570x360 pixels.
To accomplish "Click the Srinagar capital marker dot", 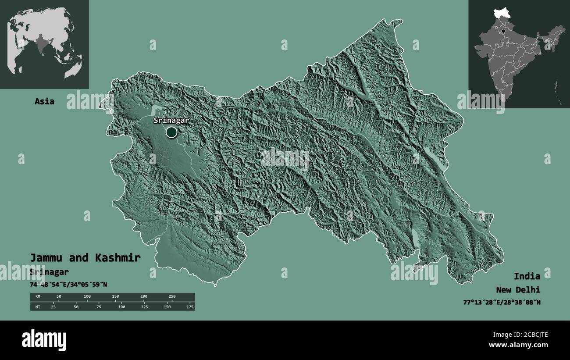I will pyautogui.click(x=171, y=132).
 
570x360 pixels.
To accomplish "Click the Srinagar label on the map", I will pyautogui.click(x=171, y=120).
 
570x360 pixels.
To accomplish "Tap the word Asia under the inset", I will pyautogui.click(x=45, y=101).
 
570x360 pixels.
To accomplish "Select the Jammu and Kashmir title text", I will pyautogui.click(x=85, y=258).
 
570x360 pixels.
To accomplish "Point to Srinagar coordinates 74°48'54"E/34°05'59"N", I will pyautogui.click(x=68, y=285).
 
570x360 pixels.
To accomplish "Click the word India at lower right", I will pyautogui.click(x=527, y=276).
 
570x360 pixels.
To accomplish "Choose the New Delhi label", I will pyautogui.click(x=518, y=290).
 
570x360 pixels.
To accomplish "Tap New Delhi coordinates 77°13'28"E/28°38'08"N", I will pyautogui.click(x=502, y=302).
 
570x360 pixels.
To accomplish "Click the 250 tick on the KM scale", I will pyautogui.click(x=172, y=297).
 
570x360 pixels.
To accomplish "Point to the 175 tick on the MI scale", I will pyautogui.click(x=190, y=307).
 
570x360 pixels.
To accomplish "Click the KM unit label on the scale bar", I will pyautogui.click(x=38, y=297).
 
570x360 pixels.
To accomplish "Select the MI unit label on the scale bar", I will pyautogui.click(x=38, y=307).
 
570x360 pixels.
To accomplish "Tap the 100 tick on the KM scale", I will pyautogui.click(x=87, y=297).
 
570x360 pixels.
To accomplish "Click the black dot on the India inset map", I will pyautogui.click(x=503, y=31).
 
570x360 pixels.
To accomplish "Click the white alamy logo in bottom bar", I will pyautogui.click(x=44, y=340).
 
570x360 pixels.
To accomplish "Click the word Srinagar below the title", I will pyautogui.click(x=49, y=272).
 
